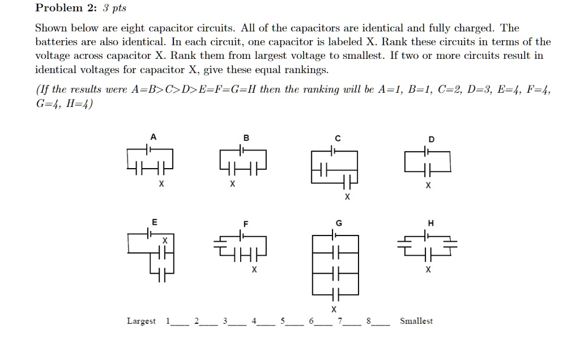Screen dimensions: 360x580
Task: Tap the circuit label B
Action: [245, 137]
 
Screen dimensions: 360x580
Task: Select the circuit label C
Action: [338, 138]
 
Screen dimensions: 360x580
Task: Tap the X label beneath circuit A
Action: [161, 185]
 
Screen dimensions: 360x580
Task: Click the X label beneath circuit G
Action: [334, 309]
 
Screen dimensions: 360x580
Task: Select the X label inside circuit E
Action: [165, 241]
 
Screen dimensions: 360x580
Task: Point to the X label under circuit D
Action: [428, 185]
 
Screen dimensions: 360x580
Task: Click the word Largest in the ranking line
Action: [141, 322]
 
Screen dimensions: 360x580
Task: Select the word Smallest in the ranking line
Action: [416, 321]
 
